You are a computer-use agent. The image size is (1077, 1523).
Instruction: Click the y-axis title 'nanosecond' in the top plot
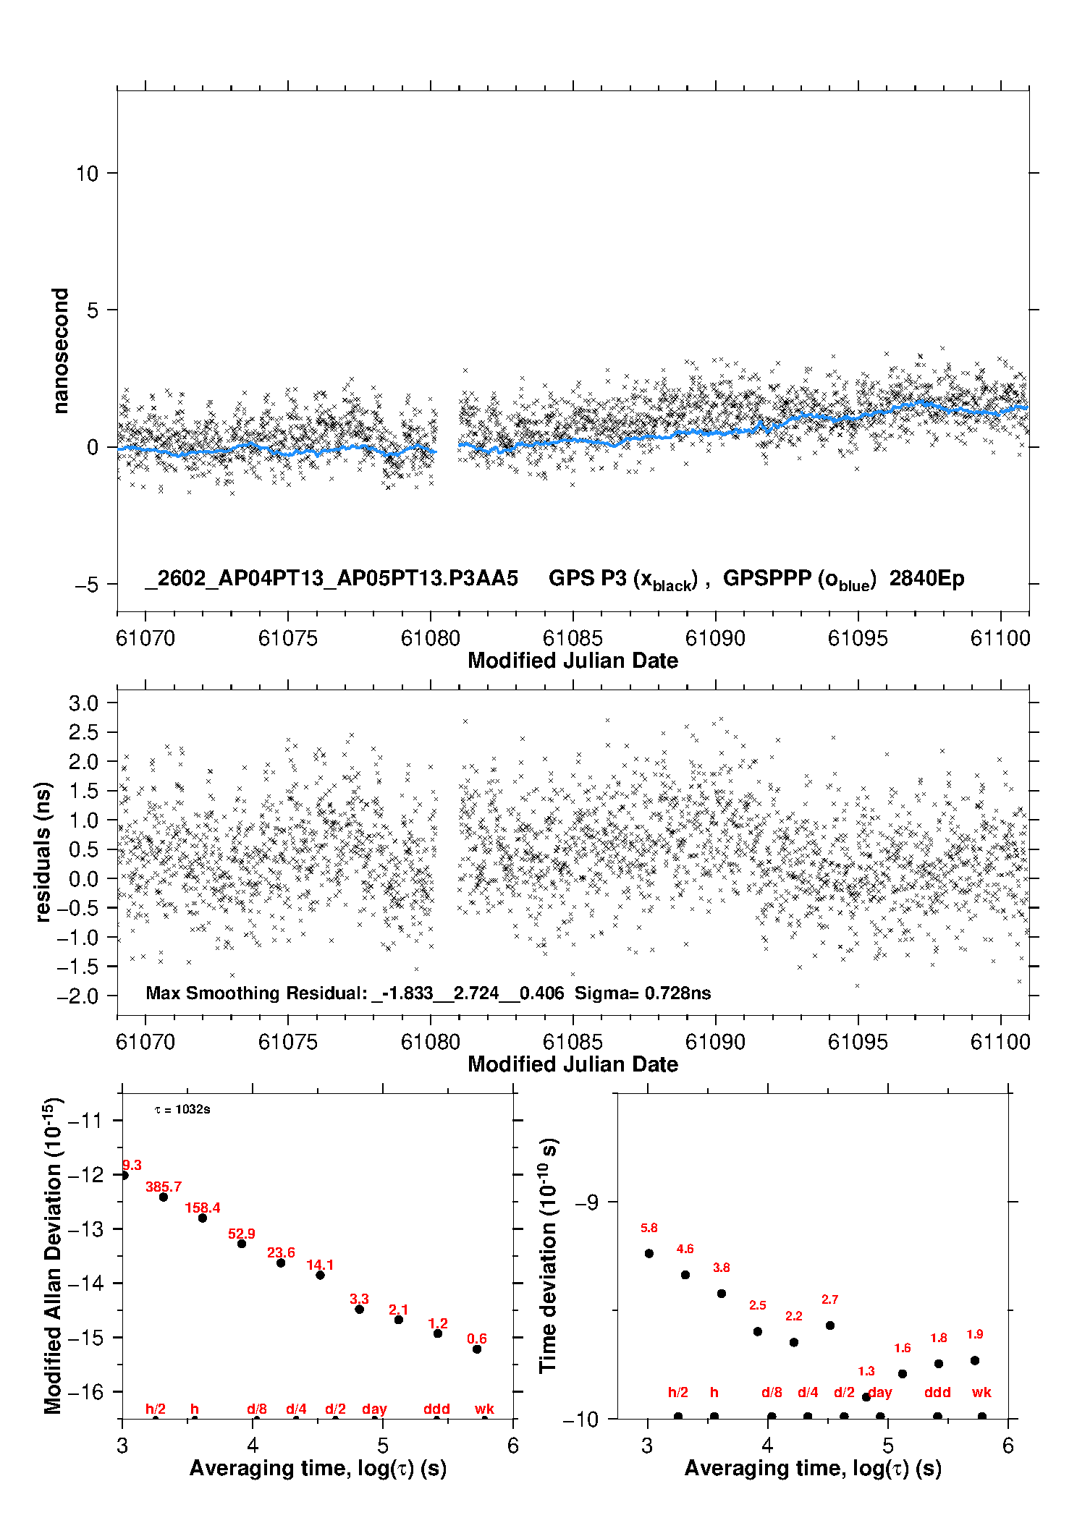[x=61, y=351]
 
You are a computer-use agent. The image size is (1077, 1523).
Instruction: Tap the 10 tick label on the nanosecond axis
[x=87, y=174]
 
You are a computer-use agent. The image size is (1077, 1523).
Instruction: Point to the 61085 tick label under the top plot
[x=573, y=638]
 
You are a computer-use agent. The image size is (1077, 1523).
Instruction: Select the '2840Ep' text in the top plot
[x=926, y=578]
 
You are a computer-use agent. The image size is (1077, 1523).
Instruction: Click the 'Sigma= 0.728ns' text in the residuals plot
[x=643, y=993]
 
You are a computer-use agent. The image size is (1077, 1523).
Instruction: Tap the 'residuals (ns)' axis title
[x=43, y=852]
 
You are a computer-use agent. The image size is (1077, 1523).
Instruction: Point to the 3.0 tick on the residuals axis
[x=83, y=703]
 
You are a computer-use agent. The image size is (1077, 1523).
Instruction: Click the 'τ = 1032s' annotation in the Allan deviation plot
[x=182, y=1109]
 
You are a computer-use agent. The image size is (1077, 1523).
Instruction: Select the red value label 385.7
[x=164, y=1187]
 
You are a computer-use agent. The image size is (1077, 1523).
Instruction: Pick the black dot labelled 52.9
[x=242, y=1243]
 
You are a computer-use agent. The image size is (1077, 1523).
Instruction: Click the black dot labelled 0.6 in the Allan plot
[x=477, y=1349]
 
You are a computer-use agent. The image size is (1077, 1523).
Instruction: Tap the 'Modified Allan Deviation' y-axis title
[x=54, y=1256]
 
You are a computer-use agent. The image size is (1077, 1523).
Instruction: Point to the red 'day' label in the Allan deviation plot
[x=374, y=1409]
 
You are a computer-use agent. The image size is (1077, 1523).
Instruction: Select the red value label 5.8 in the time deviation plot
[x=649, y=1228]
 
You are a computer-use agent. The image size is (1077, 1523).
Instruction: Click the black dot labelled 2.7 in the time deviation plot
[x=830, y=1325]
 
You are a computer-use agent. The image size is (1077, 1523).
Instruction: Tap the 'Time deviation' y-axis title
[x=549, y=1256]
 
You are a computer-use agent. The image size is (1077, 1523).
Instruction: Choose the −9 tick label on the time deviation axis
[x=586, y=1202]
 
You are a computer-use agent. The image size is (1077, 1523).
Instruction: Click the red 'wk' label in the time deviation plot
[x=981, y=1392]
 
